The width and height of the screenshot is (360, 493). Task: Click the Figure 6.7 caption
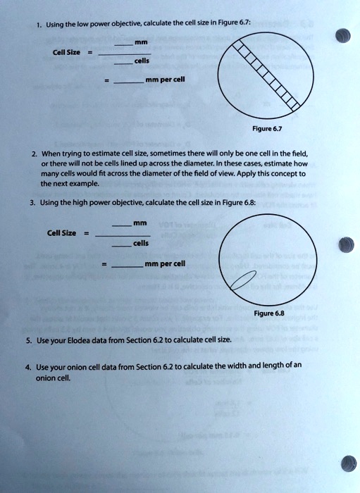pyautogui.click(x=267, y=129)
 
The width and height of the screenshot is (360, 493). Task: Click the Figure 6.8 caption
pyautogui.click(x=269, y=313)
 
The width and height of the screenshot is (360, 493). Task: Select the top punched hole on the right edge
pyautogui.click(x=342, y=35)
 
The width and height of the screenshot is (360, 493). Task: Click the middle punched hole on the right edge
pyautogui.click(x=347, y=244)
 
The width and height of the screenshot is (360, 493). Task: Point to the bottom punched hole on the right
pyautogui.click(x=349, y=463)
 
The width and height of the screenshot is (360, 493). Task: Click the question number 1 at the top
pyautogui.click(x=39, y=25)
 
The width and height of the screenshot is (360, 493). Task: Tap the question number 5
pyautogui.click(x=29, y=340)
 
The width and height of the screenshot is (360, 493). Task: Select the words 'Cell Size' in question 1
pyautogui.click(x=66, y=52)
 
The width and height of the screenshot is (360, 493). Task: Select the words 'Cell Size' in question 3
pyautogui.click(x=61, y=233)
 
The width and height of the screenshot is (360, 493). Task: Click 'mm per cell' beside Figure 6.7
pyautogui.click(x=165, y=80)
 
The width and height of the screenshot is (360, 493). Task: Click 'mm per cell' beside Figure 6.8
pyautogui.click(x=165, y=264)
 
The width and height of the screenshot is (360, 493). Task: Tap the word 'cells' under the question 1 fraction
pyautogui.click(x=142, y=61)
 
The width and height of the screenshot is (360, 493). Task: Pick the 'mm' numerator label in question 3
pyautogui.click(x=140, y=223)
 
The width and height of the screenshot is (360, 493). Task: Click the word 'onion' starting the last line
pyautogui.click(x=44, y=378)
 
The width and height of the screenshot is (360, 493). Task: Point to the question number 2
pyautogui.click(x=35, y=154)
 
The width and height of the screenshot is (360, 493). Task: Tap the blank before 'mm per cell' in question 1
pyautogui.click(x=129, y=82)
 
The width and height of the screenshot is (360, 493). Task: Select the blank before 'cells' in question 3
pyautogui.click(x=122, y=246)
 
